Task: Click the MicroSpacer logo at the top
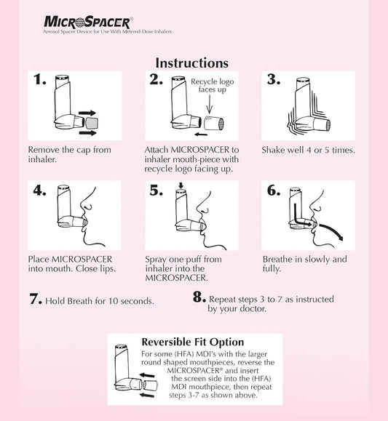tap(88, 23)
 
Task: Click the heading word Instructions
tap(192, 63)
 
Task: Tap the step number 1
tap(39, 79)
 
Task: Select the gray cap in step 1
tap(92, 123)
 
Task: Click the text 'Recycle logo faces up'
tap(212, 85)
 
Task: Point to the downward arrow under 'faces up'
tap(210, 104)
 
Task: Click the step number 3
tap(274, 79)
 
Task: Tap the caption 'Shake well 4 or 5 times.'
tap(308, 150)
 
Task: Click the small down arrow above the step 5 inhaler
tap(181, 186)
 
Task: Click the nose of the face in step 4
tap(85, 205)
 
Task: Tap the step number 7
tap(36, 299)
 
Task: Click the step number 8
tap(199, 297)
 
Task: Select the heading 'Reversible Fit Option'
tap(192, 342)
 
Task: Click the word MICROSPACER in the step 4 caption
tap(82, 260)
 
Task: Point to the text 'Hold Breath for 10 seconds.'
tap(100, 301)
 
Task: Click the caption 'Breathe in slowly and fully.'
tap(304, 264)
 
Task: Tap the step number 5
tap(157, 191)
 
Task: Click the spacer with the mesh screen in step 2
tap(214, 124)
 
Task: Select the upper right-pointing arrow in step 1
tap(87, 113)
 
